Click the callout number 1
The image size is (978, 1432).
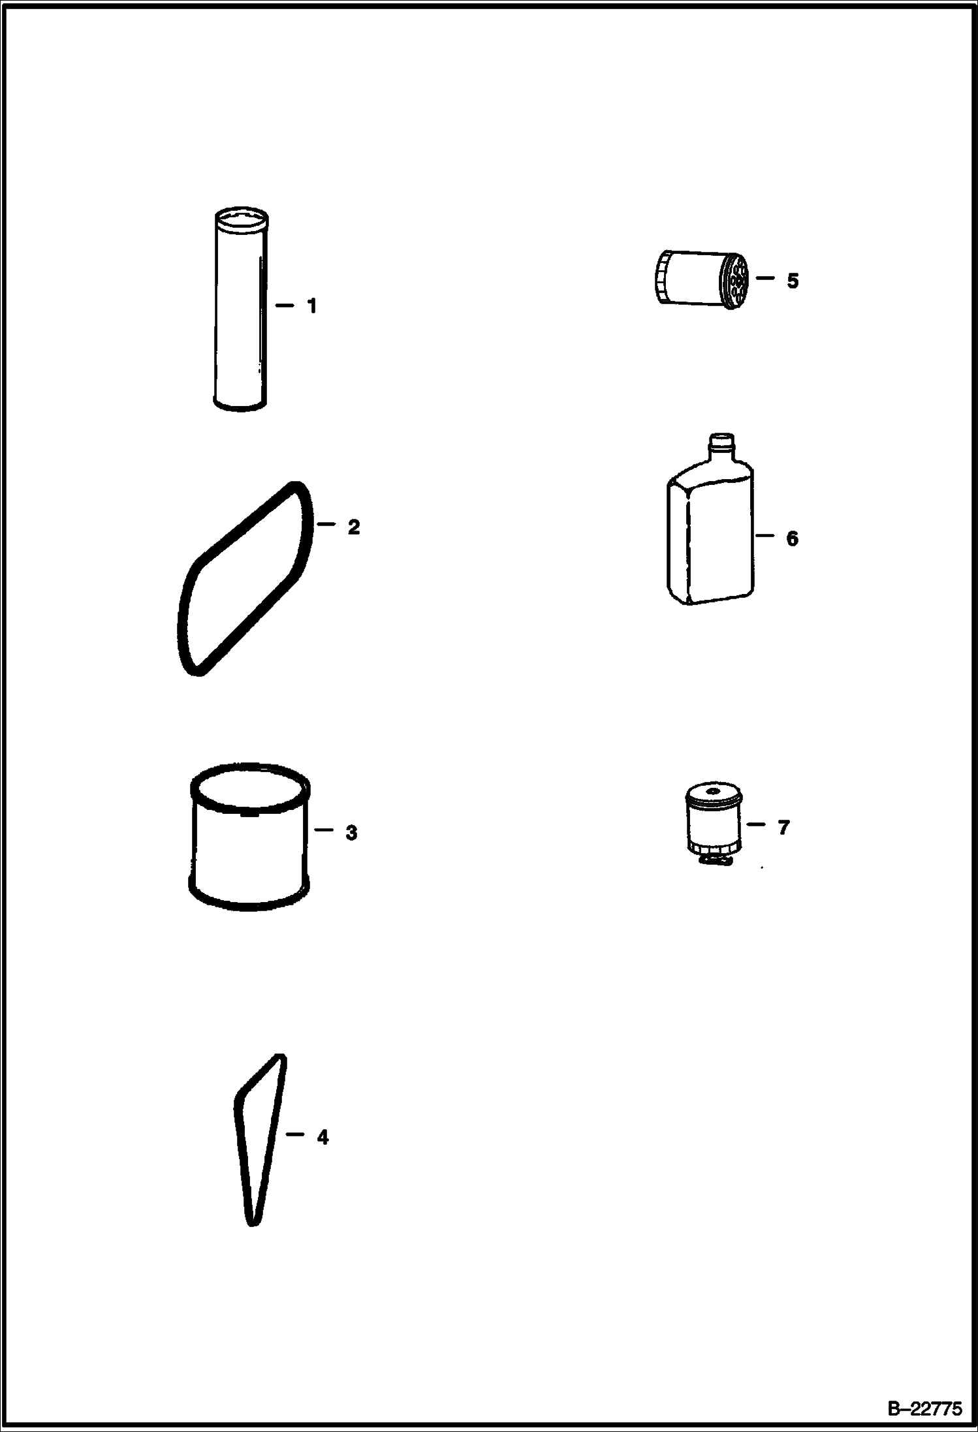[312, 305]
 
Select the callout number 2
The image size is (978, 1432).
[353, 527]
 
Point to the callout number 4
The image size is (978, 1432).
[323, 1138]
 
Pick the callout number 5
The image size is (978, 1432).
[792, 281]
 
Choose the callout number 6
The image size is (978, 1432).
[792, 538]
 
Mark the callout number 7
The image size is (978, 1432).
[783, 827]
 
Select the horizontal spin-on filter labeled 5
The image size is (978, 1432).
[701, 279]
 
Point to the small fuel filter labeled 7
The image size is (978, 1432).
[714, 826]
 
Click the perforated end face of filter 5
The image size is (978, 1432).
[737, 281]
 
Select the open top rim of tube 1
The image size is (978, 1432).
[241, 219]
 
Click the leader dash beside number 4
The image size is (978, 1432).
[295, 1135]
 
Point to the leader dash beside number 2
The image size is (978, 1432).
[325, 524]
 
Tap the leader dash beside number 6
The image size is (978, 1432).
[765, 536]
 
